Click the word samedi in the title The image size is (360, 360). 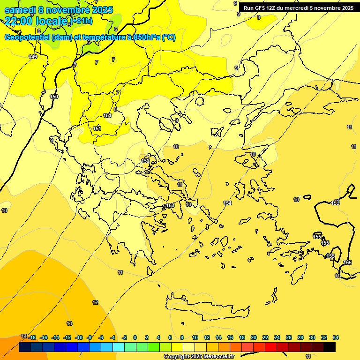(21, 10)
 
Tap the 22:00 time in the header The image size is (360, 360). (18, 21)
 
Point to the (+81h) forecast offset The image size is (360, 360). (81, 21)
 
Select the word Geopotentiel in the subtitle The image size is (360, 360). (27, 37)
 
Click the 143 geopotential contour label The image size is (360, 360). (33, 57)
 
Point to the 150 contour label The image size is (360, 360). (54, 97)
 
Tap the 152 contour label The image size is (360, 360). (145, 161)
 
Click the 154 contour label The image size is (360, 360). (227, 203)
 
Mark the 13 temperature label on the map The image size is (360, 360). (69, 323)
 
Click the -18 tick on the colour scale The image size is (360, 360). (32, 337)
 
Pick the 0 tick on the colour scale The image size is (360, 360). (135, 337)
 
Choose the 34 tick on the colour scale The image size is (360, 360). (336, 337)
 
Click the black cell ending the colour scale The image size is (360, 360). (330, 347)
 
